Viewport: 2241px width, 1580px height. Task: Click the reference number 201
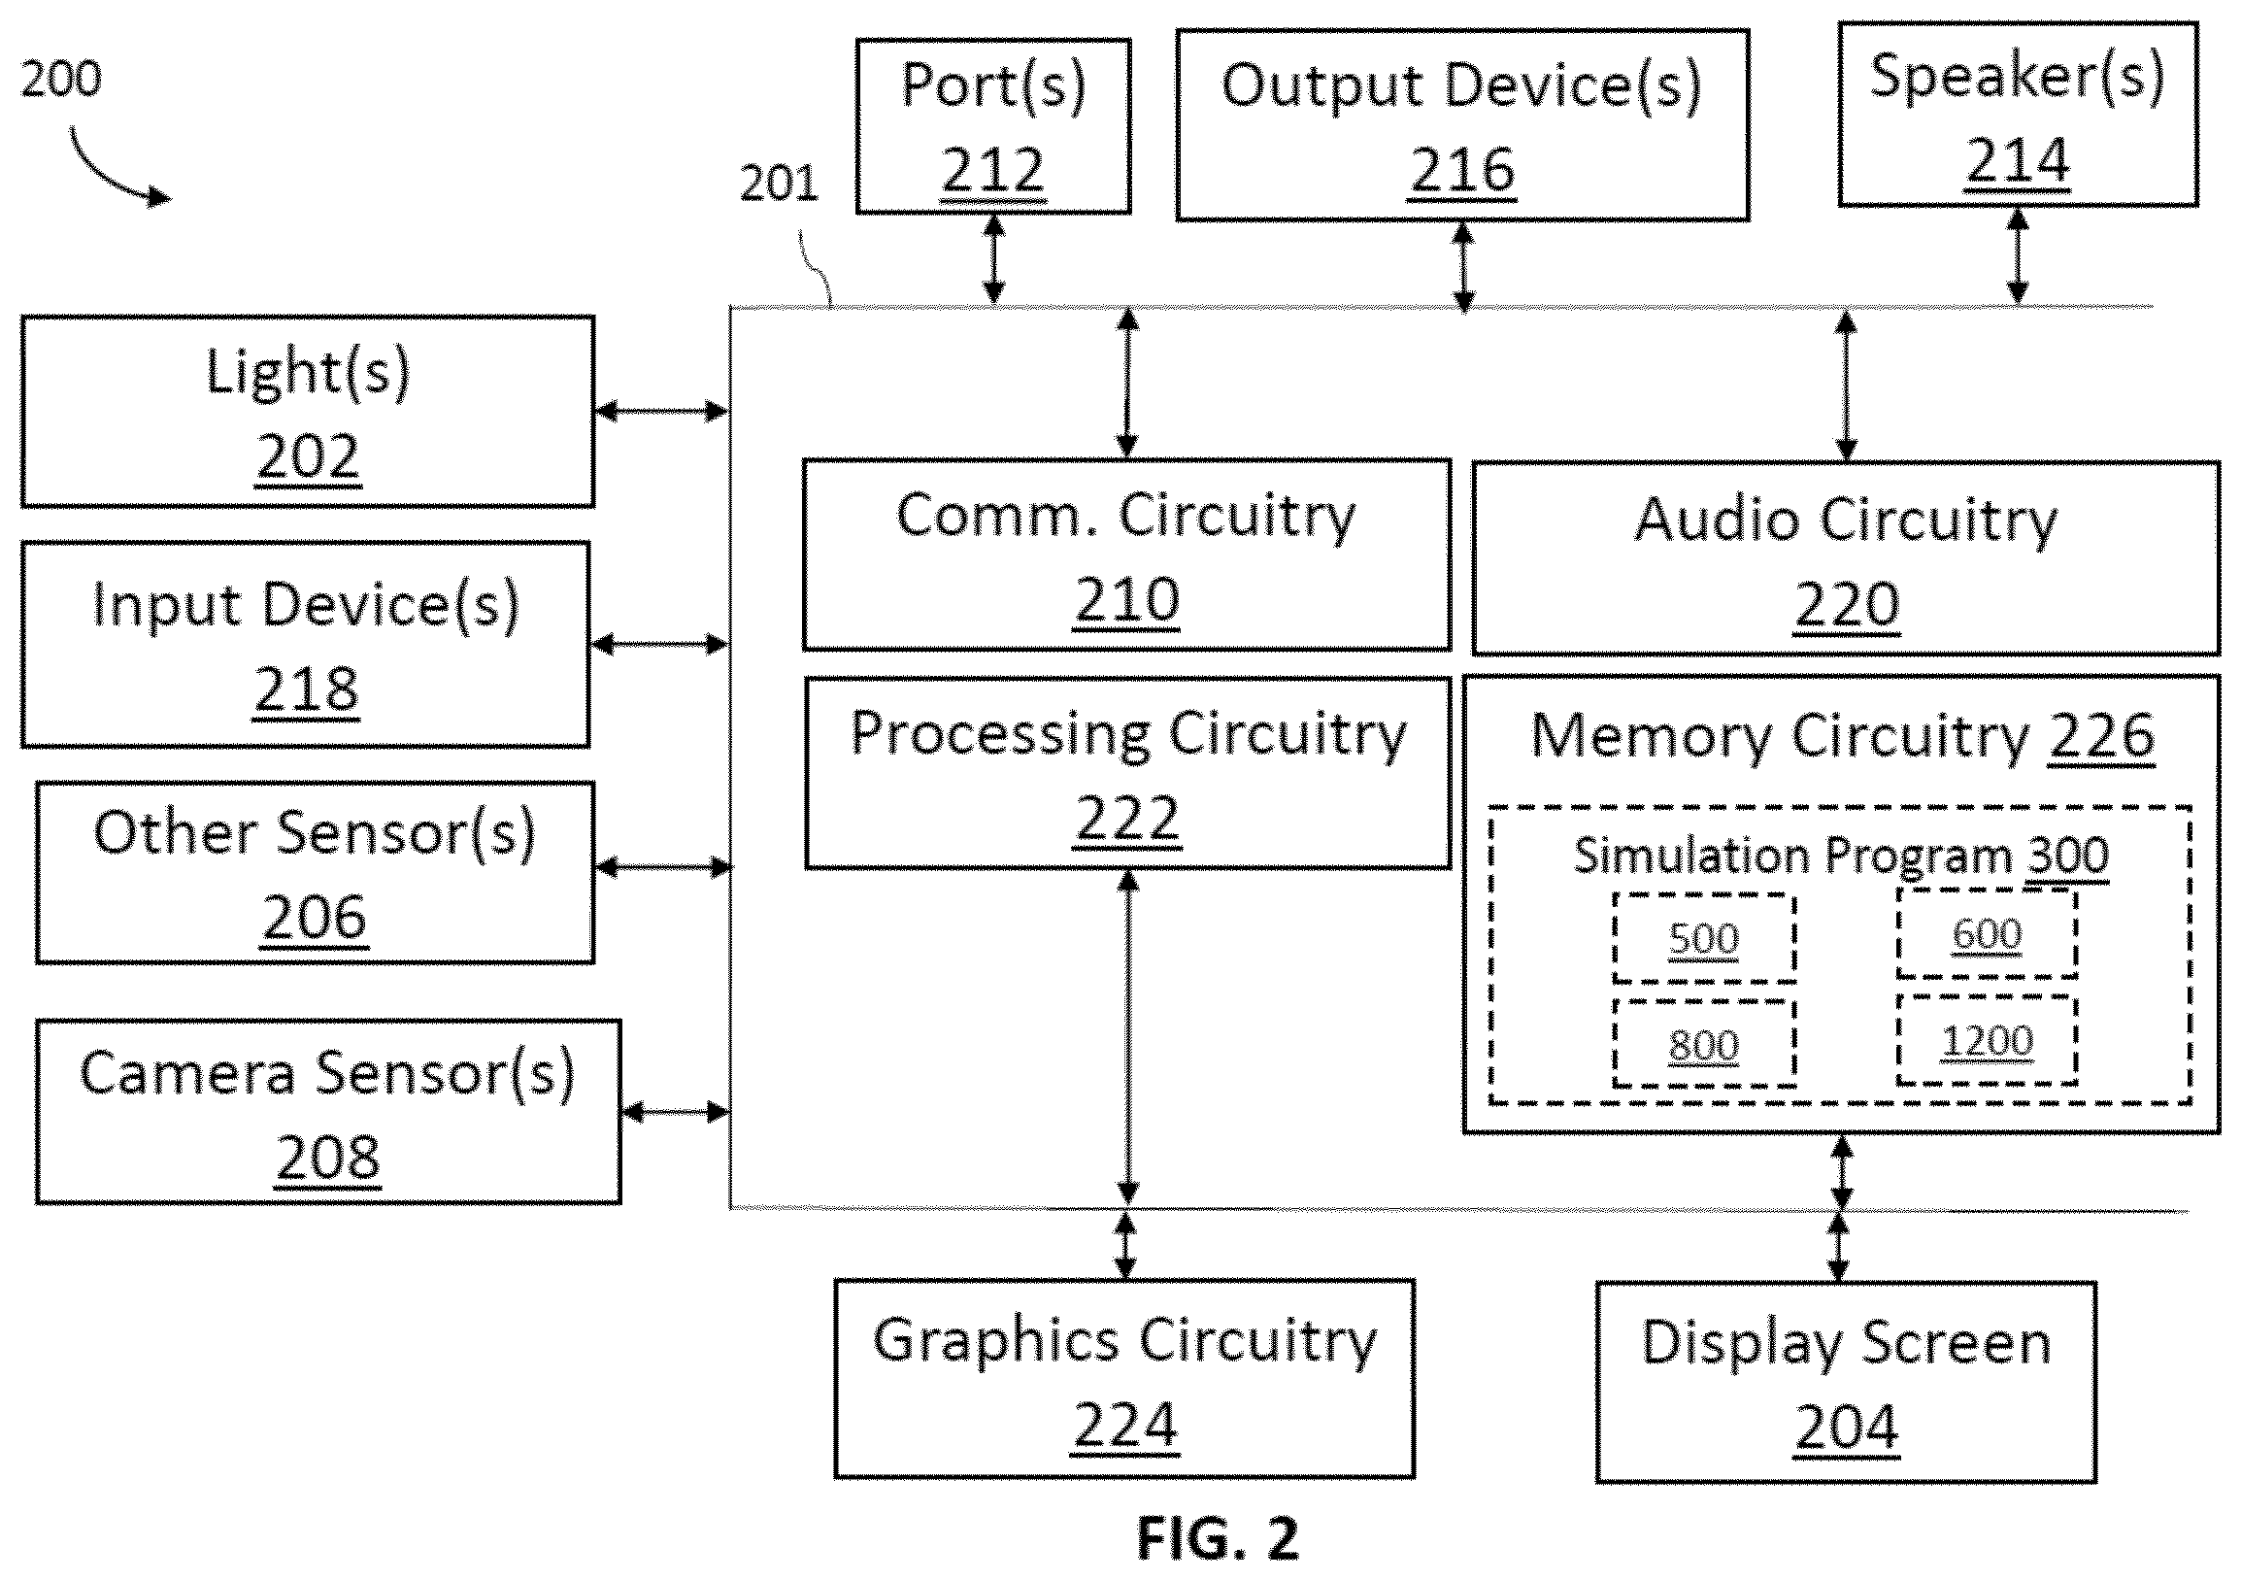click(x=778, y=183)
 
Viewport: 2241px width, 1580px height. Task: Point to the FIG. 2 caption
click(x=1219, y=1539)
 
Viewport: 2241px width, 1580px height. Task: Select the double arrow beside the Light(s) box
click(x=661, y=411)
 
